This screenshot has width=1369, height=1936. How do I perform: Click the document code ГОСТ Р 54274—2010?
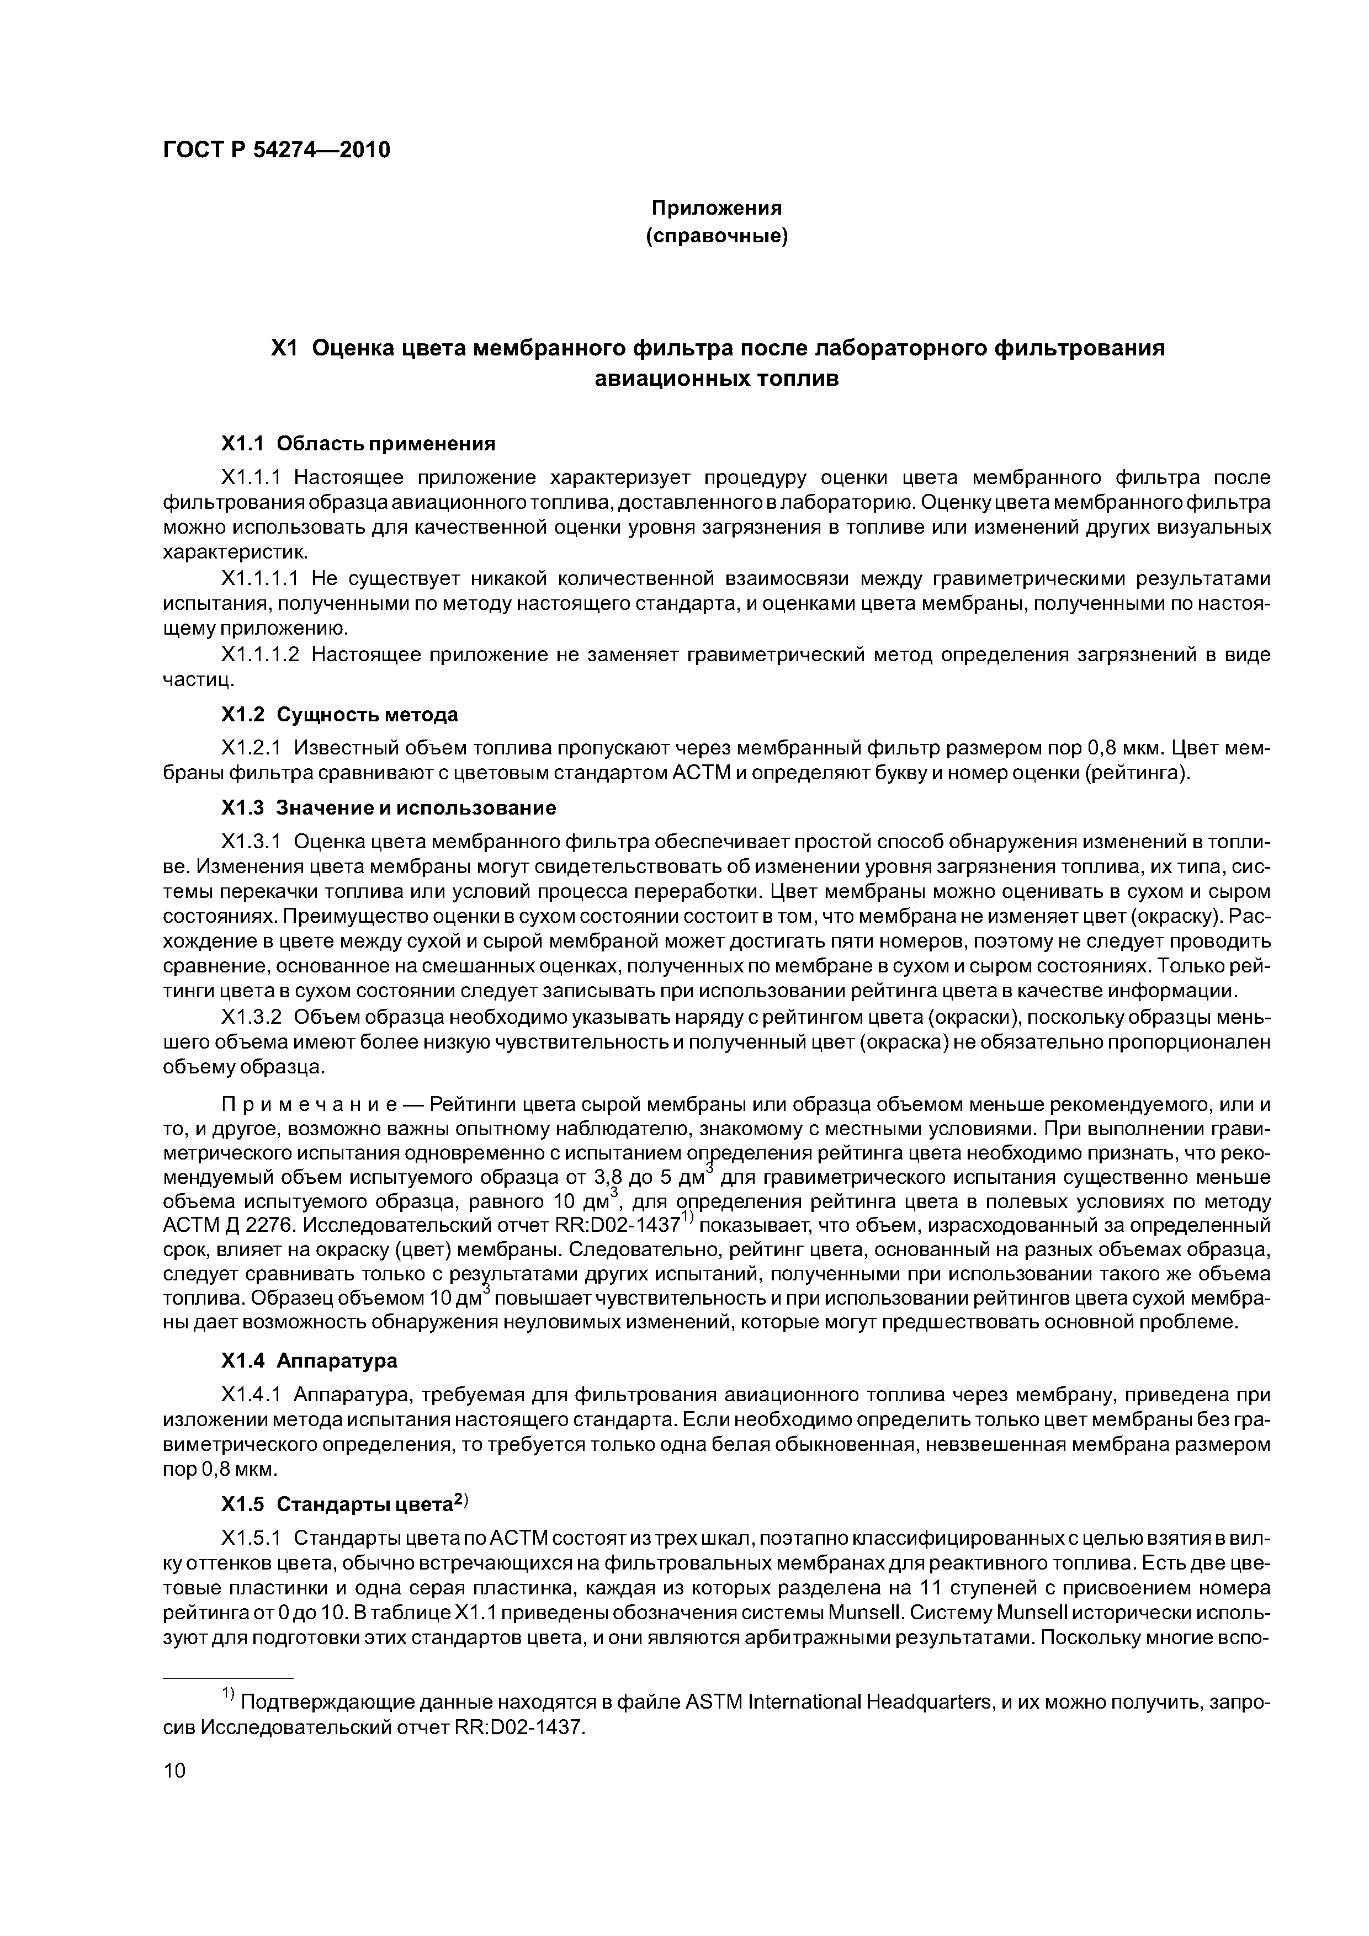tap(276, 150)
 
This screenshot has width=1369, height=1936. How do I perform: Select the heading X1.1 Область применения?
tap(358, 444)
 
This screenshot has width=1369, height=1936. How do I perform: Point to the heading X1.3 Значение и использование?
tap(388, 808)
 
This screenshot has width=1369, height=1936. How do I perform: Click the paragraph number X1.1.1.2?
tap(260, 655)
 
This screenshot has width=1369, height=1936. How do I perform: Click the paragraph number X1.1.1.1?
tap(260, 578)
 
